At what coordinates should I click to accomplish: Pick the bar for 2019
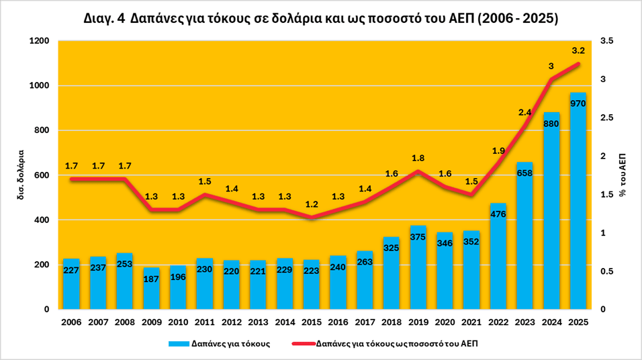point(418,275)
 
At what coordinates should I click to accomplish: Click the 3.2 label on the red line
point(578,50)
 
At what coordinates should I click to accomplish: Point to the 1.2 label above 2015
point(311,204)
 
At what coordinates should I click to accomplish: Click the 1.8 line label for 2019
point(418,158)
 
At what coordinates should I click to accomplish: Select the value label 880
point(551,124)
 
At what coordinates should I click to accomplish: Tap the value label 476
point(498,214)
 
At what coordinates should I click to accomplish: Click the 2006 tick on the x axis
point(71,322)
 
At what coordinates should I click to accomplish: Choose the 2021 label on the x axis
point(471,322)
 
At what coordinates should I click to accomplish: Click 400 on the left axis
point(42,220)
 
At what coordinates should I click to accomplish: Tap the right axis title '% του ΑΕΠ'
point(623,175)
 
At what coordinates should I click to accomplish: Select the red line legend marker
point(302,344)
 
